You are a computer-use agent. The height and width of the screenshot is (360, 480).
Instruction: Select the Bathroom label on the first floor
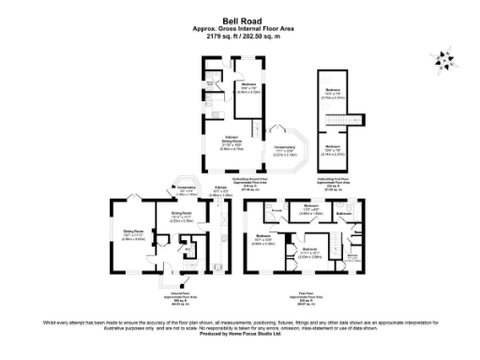point(344,213)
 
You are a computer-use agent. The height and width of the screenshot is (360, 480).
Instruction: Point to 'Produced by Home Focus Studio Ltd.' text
point(240,335)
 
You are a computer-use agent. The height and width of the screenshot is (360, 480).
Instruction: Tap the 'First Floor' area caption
point(306,297)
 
